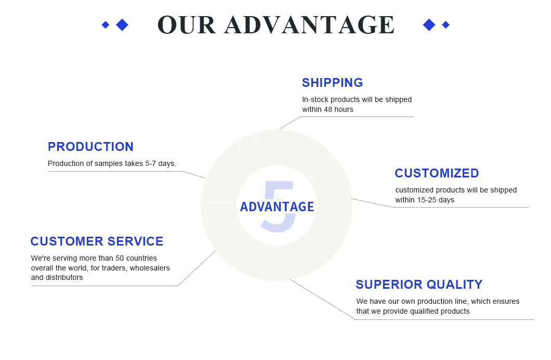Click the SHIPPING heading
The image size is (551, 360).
pos(332,83)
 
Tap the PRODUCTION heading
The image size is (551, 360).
pos(90,147)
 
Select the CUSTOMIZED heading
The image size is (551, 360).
pos(437,173)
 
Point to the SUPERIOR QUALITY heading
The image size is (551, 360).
pos(419,285)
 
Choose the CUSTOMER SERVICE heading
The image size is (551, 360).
pos(97,241)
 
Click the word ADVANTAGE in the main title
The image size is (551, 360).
pos(310,25)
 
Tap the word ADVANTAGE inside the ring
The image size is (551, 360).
pos(277,207)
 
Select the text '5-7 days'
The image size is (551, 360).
pos(160,163)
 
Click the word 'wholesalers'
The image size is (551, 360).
pos(150,268)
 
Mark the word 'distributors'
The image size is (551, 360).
pos(64,277)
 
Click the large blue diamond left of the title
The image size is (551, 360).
pos(122,24)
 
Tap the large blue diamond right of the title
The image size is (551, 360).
pos(429,24)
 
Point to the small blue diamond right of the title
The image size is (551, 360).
pos(445,24)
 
